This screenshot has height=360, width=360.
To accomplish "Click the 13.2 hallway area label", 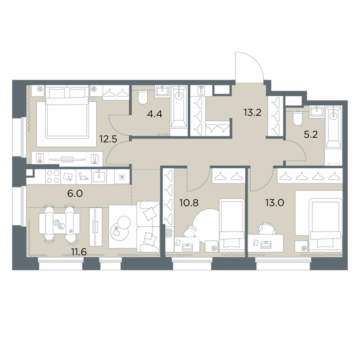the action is point(252,113).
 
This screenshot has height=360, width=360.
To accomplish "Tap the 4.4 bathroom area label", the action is point(155,114).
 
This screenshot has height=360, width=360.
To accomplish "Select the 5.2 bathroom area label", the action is point(310,134).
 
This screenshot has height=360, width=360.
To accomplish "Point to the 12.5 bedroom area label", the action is point(108,139).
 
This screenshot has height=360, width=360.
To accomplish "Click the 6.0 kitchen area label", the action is point(75,193).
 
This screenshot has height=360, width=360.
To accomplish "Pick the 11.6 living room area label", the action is point(79,252).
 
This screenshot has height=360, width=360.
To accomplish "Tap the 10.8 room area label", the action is point(189,203).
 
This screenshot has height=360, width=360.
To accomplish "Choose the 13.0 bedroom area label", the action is point(274,203).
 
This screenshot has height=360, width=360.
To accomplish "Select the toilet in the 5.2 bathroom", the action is point(298,118).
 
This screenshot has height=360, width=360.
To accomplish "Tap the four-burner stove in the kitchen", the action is point(53,177).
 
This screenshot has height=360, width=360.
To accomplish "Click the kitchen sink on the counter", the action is point(99,177).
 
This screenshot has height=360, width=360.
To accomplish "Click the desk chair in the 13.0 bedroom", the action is point(267,228).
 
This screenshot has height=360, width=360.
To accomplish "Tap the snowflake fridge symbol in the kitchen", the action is point(122,177).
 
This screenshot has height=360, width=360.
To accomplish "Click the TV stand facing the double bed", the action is point(67,158).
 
